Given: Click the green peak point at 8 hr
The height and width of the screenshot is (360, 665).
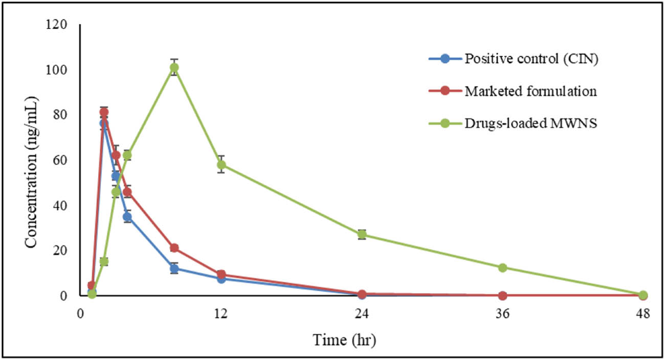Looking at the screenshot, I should (x=174, y=67).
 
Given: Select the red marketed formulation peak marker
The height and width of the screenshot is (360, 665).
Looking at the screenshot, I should (x=104, y=112).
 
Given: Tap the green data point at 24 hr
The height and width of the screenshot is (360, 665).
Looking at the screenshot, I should (x=362, y=235).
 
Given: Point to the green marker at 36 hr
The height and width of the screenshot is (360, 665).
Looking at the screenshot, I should (x=502, y=267).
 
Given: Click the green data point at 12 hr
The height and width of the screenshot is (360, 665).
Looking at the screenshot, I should (x=221, y=165).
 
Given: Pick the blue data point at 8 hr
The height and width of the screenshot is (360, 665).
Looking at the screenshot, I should (x=174, y=268).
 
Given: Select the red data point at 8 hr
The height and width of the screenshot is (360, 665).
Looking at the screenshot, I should (x=174, y=248).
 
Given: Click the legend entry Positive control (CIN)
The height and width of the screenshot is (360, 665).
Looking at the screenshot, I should (x=531, y=58).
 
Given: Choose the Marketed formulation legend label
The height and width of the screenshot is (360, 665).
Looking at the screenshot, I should (x=530, y=91).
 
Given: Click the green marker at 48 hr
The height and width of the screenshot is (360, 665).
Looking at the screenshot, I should (x=643, y=295).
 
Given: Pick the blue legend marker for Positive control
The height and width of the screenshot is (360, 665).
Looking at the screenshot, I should (x=445, y=58).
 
